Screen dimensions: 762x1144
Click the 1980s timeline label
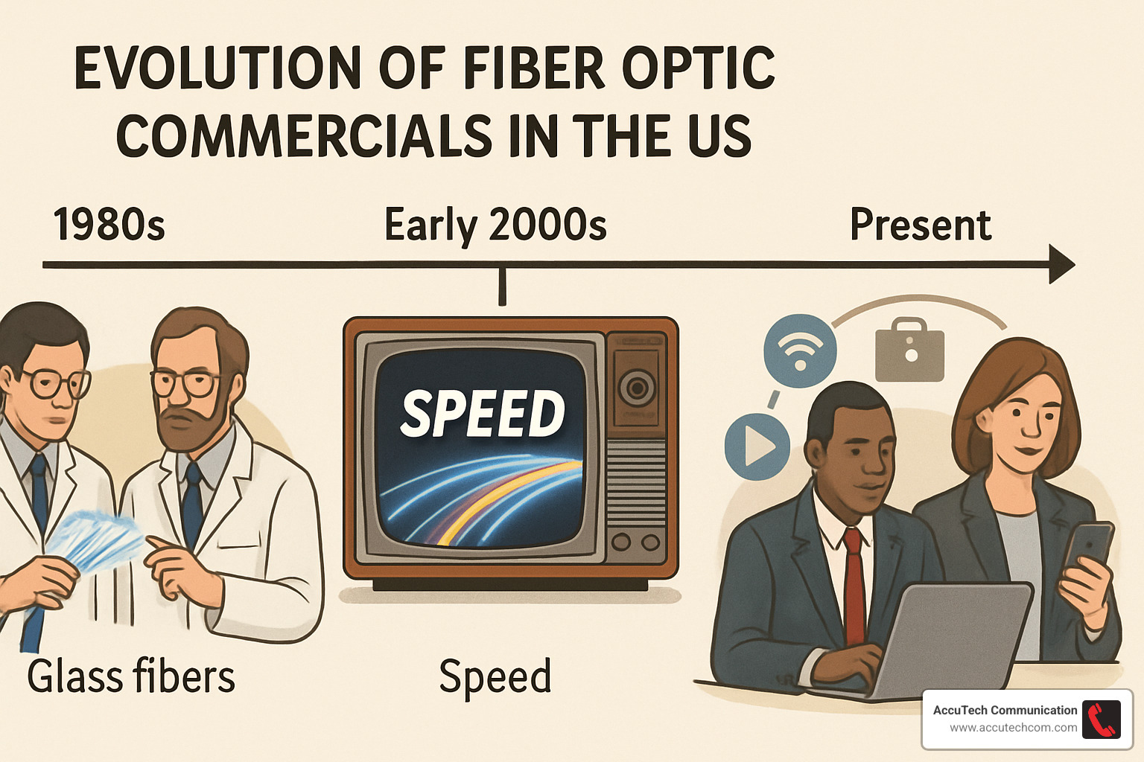[109, 225]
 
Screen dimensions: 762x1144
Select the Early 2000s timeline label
[495, 225]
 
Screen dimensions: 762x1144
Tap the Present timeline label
[921, 225]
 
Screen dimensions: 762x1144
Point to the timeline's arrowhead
[1061, 264]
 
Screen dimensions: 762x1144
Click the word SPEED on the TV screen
[483, 413]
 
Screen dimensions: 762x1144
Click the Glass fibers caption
[131, 676]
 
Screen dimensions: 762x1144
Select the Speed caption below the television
[495, 676]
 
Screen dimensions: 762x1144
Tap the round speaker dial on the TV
[637, 387]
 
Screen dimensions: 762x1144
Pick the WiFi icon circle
[800, 350]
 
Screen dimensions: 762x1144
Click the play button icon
[757, 446]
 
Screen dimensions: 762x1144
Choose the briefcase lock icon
[909, 350]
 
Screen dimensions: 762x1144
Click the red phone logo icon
[1101, 720]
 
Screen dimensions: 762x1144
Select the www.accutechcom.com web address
[1013, 728]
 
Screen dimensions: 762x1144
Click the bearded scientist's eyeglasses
[182, 383]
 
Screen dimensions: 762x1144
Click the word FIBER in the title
[534, 68]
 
